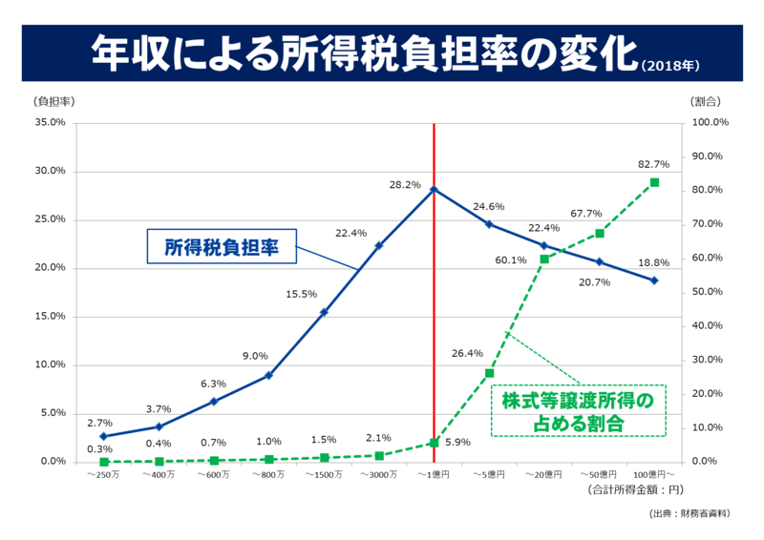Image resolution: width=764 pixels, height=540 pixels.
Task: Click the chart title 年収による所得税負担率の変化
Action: coord(363,54)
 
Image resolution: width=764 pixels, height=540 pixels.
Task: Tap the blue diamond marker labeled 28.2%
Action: coord(434,190)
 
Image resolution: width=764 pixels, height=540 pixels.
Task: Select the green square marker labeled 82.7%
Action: coord(655,182)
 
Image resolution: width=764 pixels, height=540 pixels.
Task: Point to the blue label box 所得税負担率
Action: coord(222,246)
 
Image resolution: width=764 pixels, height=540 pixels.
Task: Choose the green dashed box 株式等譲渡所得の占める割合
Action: coord(577,411)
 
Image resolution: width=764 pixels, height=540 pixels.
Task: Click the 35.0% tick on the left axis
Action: coord(49,123)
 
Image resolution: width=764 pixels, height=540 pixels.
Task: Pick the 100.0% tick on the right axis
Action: coord(710,123)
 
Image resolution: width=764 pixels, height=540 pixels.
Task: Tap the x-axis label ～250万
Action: coord(103,474)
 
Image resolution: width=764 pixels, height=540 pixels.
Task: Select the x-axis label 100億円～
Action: coord(654,474)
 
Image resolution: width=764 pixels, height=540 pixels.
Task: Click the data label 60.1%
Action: coord(511,260)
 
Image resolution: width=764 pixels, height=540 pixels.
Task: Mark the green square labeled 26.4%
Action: coord(489,373)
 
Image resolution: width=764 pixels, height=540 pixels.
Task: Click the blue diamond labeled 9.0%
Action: coord(268,375)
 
